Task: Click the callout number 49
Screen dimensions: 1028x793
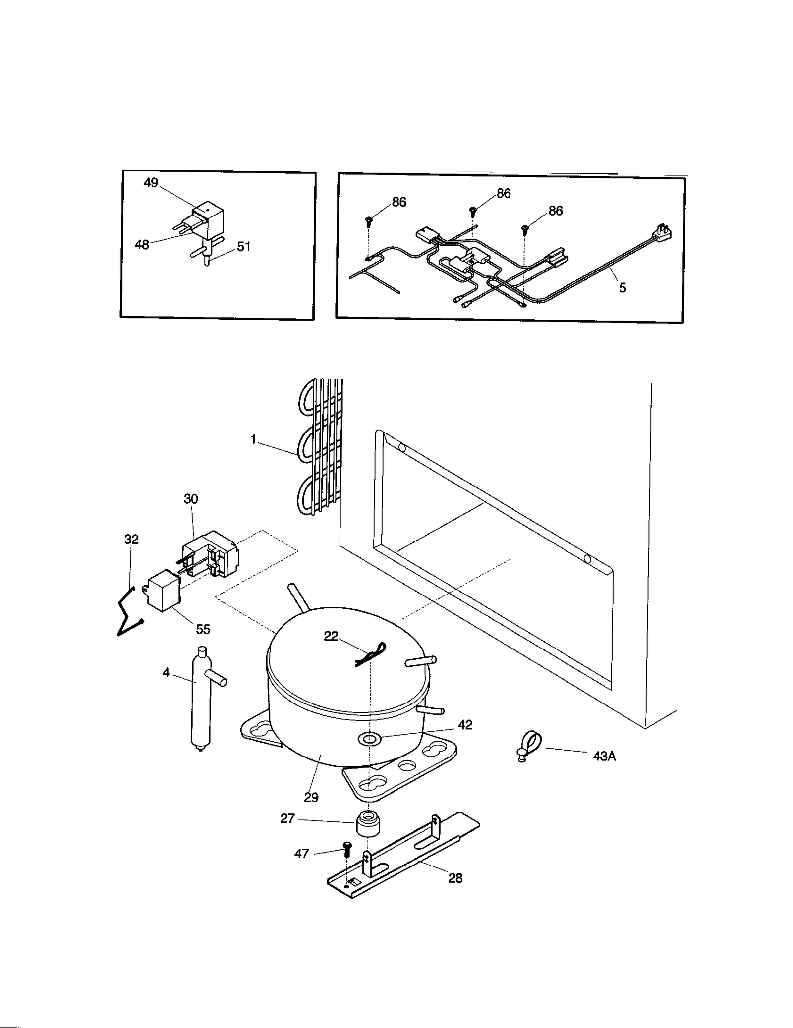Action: click(x=150, y=183)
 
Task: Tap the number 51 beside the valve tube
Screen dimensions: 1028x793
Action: click(x=243, y=246)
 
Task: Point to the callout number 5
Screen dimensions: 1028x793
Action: click(x=623, y=287)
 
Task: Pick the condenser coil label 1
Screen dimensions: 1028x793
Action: click(x=253, y=439)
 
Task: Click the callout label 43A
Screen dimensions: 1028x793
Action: click(x=604, y=756)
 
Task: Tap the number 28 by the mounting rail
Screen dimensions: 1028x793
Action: click(x=455, y=878)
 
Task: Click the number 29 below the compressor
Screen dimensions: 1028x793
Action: click(x=311, y=797)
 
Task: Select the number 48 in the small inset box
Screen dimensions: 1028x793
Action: click(x=142, y=244)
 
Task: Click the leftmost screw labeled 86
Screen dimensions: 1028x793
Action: click(x=369, y=221)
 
